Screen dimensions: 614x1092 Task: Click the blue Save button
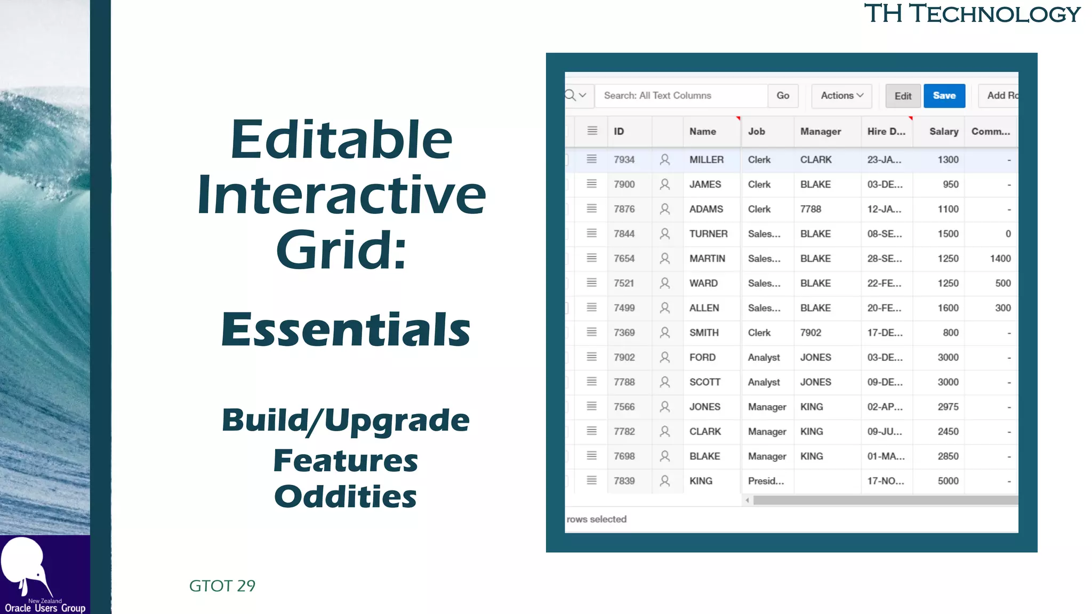click(x=944, y=96)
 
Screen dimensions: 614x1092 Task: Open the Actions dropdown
click(x=841, y=96)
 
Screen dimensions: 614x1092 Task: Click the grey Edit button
click(x=902, y=96)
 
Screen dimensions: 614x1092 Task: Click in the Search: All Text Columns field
click(x=680, y=96)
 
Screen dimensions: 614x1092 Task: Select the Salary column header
click(x=943, y=132)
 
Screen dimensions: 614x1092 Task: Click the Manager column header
click(x=820, y=132)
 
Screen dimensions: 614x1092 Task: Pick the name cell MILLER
click(x=706, y=160)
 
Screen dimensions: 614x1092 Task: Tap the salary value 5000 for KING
click(x=948, y=481)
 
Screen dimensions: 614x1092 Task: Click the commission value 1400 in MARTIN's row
click(x=1000, y=258)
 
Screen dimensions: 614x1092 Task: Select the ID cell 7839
click(x=624, y=481)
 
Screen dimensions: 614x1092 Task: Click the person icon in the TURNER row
click(x=664, y=233)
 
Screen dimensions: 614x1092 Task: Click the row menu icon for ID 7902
click(x=591, y=357)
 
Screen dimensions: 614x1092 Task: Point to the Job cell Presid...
click(x=765, y=481)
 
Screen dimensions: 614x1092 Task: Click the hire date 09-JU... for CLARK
click(x=884, y=432)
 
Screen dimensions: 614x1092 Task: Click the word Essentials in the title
click(x=346, y=329)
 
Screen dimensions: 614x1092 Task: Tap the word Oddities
click(x=345, y=497)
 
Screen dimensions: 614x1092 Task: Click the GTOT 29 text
click(x=222, y=586)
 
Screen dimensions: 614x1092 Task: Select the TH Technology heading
click(x=971, y=14)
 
